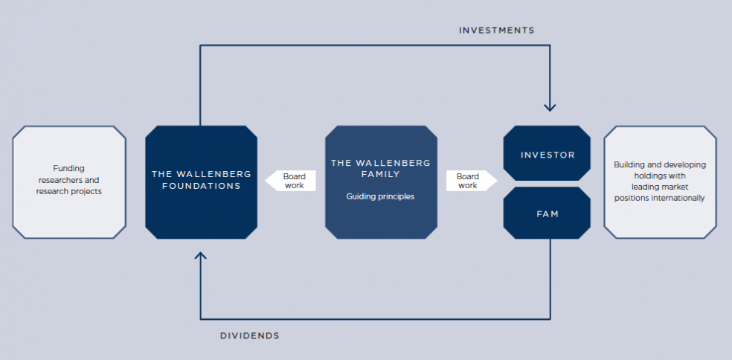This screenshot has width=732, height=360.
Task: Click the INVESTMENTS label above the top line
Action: pos(497,30)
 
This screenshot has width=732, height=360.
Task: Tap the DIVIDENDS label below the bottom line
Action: pos(250,335)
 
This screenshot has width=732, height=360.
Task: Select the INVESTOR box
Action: pos(547,153)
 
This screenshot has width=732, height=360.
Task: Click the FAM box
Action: pos(547,213)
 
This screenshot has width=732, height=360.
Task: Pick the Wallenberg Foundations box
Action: pos(201,182)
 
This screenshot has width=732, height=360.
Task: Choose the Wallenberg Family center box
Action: pos(381,182)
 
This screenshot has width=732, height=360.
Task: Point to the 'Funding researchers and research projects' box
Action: pos(69,182)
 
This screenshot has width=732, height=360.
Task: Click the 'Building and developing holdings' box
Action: pos(660,182)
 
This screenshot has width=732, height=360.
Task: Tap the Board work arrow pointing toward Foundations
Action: pos(290,181)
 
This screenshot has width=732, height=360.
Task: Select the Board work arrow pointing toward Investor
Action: pos(472,181)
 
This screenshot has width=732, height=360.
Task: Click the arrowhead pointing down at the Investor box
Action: pos(550,108)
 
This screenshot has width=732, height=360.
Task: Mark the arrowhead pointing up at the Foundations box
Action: pos(200,255)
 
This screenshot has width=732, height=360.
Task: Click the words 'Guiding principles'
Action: pos(380,196)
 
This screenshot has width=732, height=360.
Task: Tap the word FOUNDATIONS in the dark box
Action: pos(201,186)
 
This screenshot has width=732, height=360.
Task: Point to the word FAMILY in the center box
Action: pos(381,174)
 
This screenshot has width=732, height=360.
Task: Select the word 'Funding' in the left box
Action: pos(68,168)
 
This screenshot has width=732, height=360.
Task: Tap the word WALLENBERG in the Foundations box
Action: pos(217,174)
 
